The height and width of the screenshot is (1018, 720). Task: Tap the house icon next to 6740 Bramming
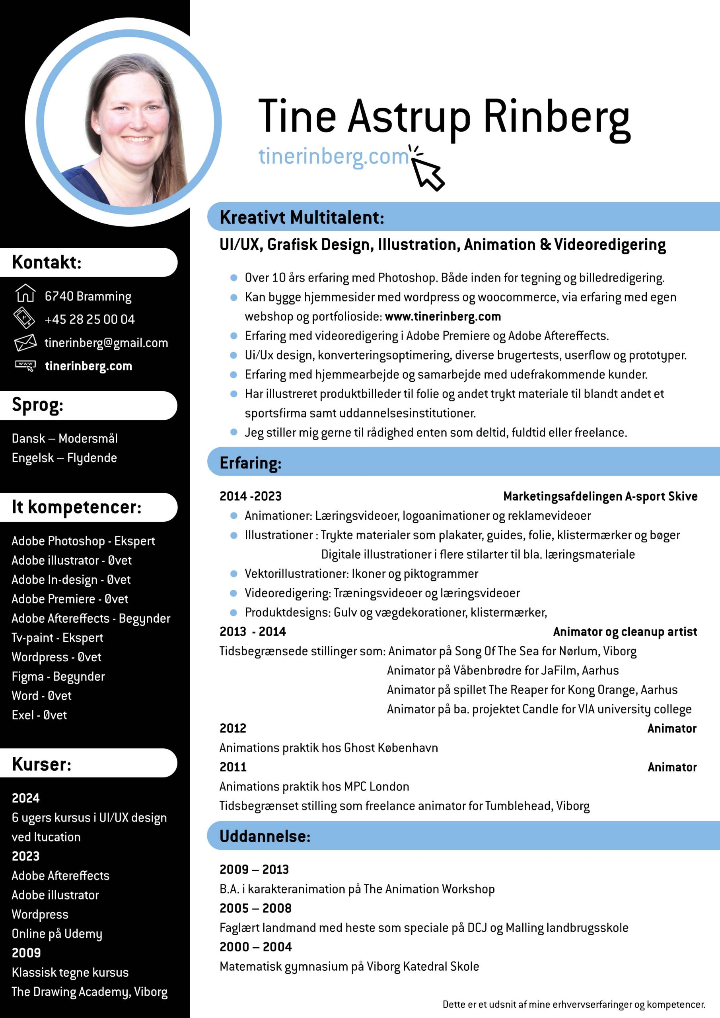25,293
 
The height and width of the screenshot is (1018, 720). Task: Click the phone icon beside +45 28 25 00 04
24,317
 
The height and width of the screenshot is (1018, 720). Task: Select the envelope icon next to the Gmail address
25,342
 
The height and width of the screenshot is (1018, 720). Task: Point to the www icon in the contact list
25,365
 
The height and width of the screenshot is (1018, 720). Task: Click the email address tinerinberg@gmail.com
106,343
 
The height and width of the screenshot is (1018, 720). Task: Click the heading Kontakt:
47,262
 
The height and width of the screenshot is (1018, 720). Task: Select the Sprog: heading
38,405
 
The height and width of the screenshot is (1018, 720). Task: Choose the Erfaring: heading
251,463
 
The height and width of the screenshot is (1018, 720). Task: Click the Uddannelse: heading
265,836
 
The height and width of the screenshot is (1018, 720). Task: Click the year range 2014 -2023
251,496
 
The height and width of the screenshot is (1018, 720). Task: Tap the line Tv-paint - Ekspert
57,637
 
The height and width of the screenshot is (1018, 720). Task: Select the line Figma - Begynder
58,676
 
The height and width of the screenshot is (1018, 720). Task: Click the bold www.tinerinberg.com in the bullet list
443,317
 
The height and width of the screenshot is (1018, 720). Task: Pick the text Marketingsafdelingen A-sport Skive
600,496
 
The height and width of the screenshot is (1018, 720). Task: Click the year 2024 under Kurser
26,798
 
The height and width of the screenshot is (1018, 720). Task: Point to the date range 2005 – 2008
255,908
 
